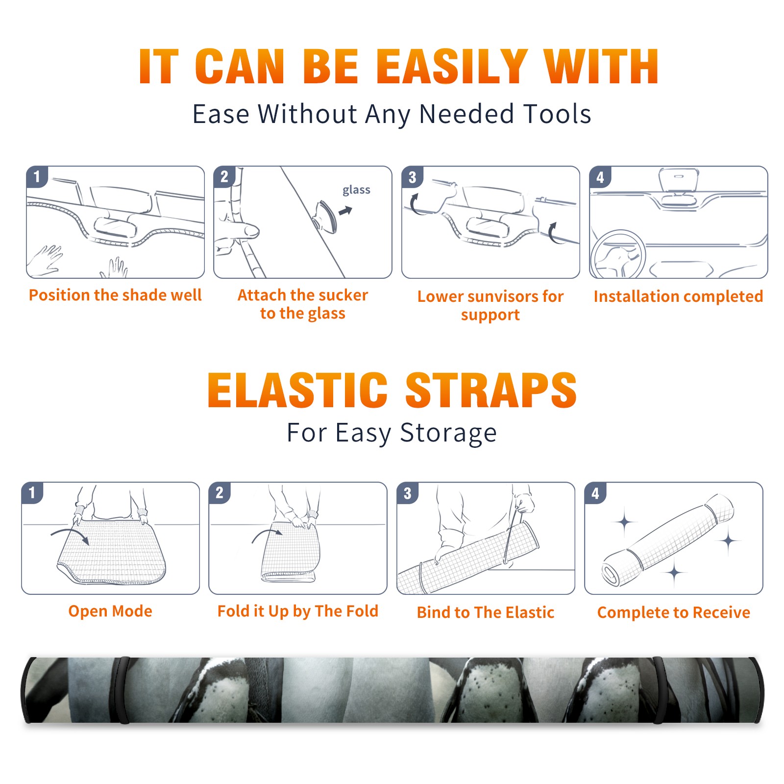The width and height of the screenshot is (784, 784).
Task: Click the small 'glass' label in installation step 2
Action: click(356, 190)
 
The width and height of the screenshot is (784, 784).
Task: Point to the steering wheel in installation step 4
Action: click(618, 255)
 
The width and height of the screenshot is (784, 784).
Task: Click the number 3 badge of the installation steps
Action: click(412, 177)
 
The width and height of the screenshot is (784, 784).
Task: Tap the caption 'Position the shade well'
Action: click(115, 295)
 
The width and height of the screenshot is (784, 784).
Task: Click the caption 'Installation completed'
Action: click(678, 296)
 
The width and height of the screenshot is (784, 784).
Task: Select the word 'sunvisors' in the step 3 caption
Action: click(499, 296)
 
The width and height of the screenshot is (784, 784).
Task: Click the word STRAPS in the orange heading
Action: click(491, 390)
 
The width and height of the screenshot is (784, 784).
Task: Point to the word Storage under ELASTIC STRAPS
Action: click(448, 434)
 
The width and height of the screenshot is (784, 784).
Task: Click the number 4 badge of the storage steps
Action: click(595, 493)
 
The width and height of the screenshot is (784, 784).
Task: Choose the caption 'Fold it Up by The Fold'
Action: click(298, 612)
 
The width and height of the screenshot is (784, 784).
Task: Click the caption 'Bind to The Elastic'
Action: click(486, 612)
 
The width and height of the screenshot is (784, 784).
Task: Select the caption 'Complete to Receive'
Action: click(674, 612)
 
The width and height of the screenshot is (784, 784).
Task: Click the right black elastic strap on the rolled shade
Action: click(660, 690)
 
